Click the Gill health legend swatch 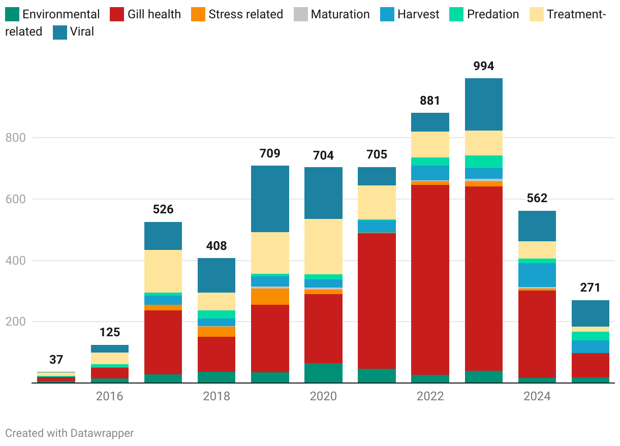116,14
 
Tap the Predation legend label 493,14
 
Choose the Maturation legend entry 340,14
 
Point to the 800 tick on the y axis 15,138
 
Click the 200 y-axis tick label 15,322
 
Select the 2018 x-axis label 216,396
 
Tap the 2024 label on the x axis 537,396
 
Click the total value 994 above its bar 483,66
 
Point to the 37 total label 56,360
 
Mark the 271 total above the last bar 590,288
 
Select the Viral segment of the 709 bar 270,199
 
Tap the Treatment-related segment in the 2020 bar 323,246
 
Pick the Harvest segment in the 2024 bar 537,275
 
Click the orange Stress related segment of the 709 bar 270,297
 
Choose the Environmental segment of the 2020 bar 323,373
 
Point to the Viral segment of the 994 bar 483,104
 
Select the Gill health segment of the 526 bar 163,342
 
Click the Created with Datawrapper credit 70,433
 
